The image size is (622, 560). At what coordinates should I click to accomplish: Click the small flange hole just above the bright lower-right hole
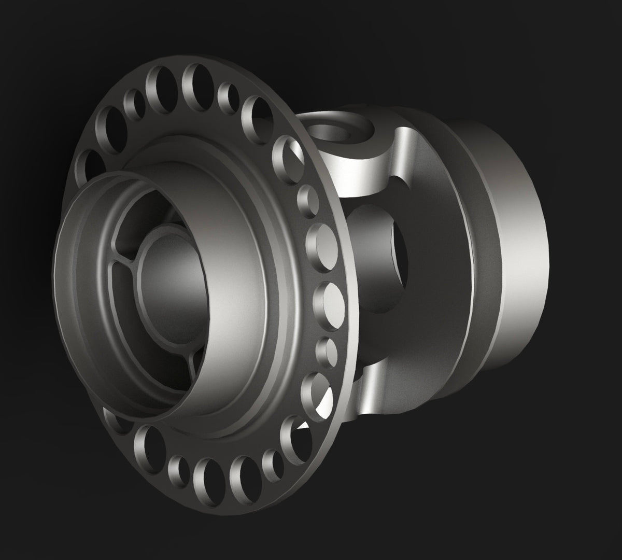pos(326,350)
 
